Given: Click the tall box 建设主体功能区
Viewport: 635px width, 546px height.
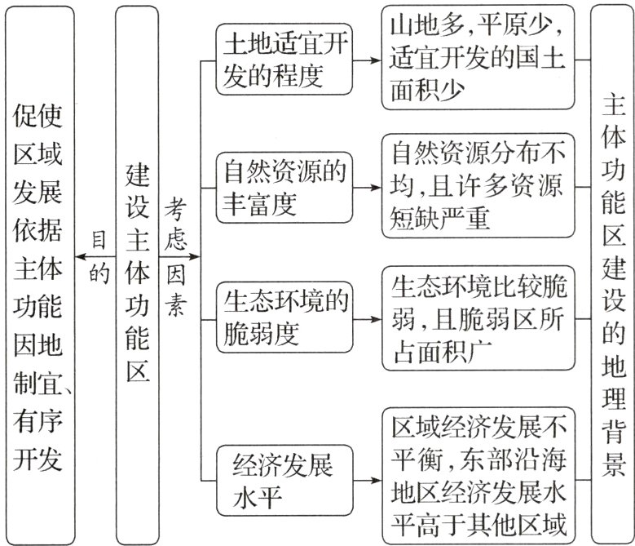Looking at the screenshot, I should pyautogui.click(x=138, y=273).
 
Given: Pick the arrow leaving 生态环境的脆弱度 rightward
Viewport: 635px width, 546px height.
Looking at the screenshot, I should pyautogui.click(x=368, y=317).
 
